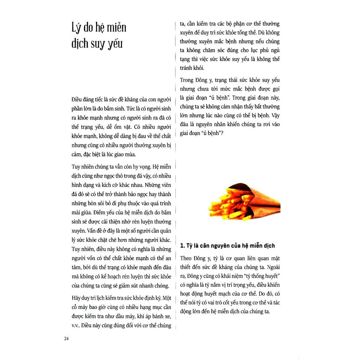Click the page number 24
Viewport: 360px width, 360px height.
(x=66, y=339)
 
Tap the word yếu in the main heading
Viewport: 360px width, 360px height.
(x=115, y=44)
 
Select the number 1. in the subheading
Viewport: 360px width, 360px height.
(x=182, y=246)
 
